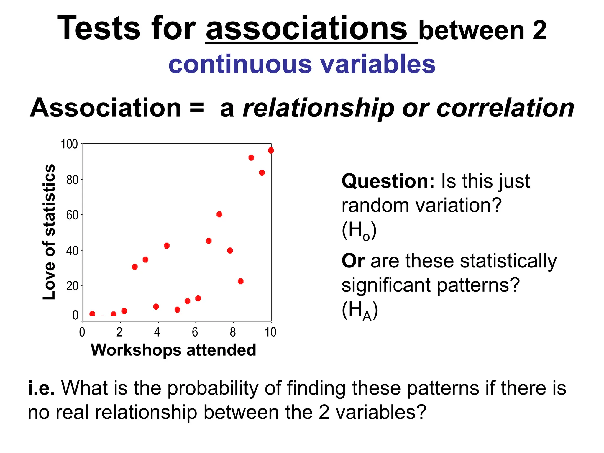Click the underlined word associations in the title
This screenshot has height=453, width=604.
(307, 29)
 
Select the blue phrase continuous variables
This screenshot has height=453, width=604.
(302, 64)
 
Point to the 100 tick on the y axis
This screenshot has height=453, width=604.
(69, 145)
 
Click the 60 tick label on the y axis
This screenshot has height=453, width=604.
(72, 215)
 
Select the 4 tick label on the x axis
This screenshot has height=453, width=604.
(157, 332)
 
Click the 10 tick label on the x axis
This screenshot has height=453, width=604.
(270, 332)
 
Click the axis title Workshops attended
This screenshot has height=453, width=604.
(173, 350)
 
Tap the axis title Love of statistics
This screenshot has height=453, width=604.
(49, 232)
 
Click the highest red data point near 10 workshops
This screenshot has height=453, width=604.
(271, 150)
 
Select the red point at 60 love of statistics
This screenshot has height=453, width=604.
(219, 214)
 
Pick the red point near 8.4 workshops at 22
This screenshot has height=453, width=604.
(240, 281)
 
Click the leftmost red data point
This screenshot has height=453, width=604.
(92, 314)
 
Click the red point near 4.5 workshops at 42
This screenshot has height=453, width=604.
(167, 246)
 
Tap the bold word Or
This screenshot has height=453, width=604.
(353, 261)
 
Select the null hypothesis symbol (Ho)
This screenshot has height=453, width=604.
(359, 231)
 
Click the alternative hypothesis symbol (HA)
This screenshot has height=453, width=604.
(360, 311)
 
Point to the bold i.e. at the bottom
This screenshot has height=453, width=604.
(41, 388)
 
